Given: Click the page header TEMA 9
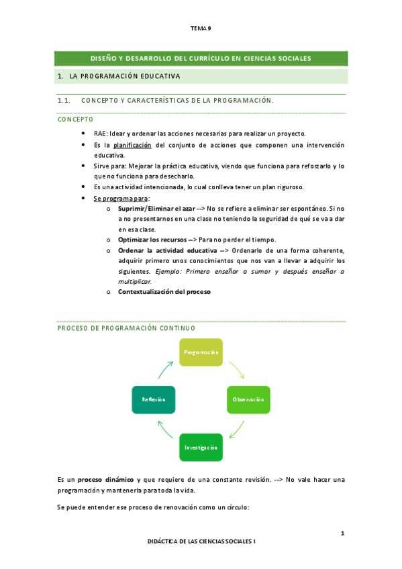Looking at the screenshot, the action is pyautogui.click(x=201, y=28).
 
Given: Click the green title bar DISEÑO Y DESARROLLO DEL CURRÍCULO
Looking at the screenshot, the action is pyautogui.click(x=201, y=58).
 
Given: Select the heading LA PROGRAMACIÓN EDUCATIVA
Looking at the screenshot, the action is pyautogui.click(x=125, y=76).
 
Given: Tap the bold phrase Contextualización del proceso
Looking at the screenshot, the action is pyautogui.click(x=164, y=292).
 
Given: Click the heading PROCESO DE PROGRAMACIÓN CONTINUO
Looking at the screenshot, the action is pyautogui.click(x=126, y=328).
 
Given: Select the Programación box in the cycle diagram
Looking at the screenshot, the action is pyautogui.click(x=201, y=352).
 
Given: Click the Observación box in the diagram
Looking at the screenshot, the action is pyautogui.click(x=248, y=399).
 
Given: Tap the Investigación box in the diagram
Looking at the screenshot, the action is pyautogui.click(x=201, y=447).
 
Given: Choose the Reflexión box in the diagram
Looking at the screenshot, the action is pyautogui.click(x=154, y=399).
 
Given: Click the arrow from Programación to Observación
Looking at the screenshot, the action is pyautogui.click(x=237, y=368).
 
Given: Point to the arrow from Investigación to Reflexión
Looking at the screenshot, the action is pyautogui.click(x=164, y=430).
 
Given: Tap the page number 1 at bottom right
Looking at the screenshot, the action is pyautogui.click(x=342, y=533).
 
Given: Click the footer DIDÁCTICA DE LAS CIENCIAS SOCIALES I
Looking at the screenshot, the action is pyautogui.click(x=201, y=540).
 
